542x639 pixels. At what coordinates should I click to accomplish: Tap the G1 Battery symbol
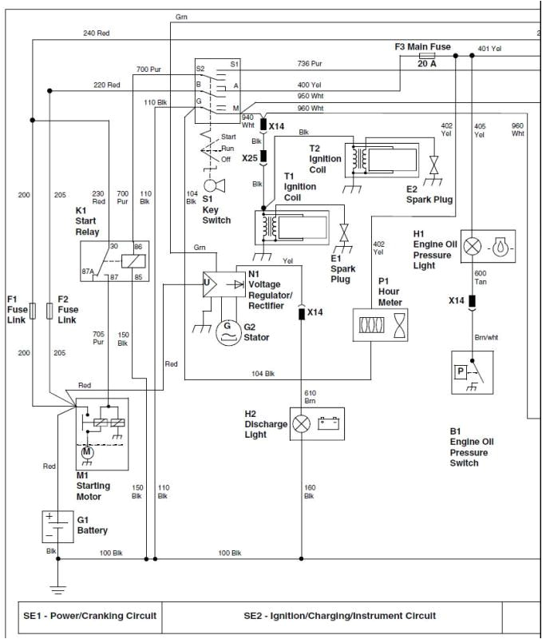(x=57, y=526)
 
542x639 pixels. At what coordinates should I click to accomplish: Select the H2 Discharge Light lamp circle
(x=302, y=424)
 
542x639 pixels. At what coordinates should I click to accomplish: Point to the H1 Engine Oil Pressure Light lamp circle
(x=473, y=246)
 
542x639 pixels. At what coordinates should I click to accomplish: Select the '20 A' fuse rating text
(x=426, y=64)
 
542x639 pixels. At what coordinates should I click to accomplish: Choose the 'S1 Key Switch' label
(x=216, y=214)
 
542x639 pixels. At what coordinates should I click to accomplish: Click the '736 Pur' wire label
(x=310, y=63)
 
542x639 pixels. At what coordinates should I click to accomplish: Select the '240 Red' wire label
(x=96, y=34)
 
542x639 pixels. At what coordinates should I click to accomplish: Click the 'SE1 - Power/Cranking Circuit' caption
(x=89, y=616)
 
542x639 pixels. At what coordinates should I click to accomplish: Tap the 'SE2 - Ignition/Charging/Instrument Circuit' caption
(x=339, y=616)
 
